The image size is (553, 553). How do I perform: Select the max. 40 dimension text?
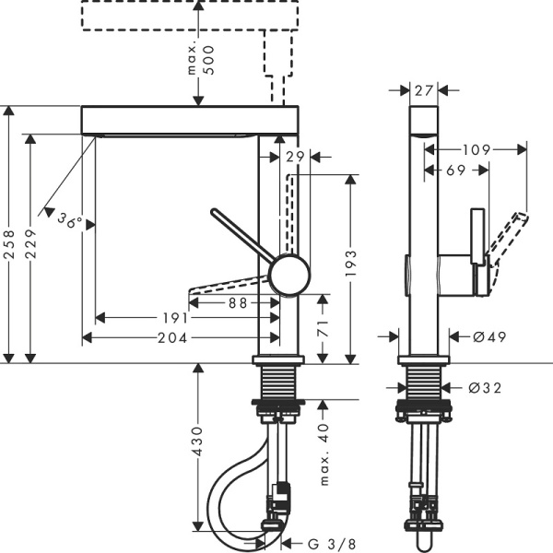tap(324, 453)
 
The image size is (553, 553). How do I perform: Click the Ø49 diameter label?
tap(487, 337)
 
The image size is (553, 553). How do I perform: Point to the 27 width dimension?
tap(424, 90)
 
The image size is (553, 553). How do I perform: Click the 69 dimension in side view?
tap(456, 171)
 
